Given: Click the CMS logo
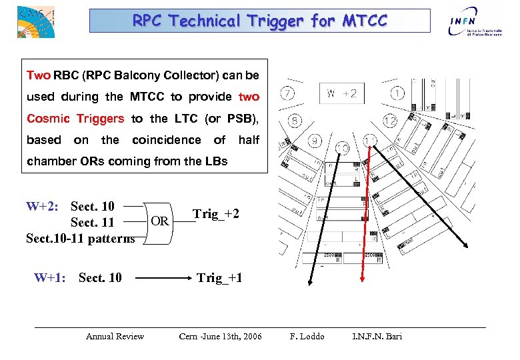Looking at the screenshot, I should pos(35,21).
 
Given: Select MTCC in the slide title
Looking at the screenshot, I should pos(365,21).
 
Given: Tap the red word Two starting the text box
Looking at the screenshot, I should pos(38,75).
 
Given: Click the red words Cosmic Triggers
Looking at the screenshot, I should pos(75,119).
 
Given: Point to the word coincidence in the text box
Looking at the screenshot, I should pos(166,140).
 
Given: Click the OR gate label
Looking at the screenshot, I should pos(159,221).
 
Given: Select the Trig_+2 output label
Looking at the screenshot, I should pos(215,214).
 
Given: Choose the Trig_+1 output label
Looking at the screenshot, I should pos(219,277).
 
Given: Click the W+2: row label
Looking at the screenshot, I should pos(43,207).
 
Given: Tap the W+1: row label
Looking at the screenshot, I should pos(50,277).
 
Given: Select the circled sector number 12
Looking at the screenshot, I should pos(390,121).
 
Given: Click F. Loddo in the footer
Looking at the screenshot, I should pos(307,336).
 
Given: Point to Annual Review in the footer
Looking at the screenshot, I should pos(115,336).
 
